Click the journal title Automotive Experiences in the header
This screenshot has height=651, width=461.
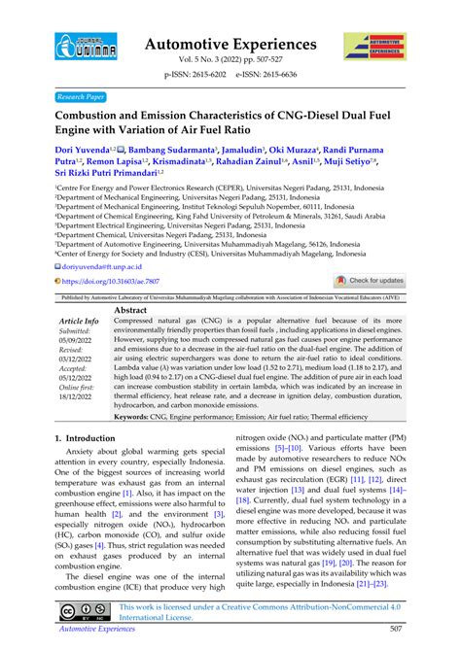[230, 43]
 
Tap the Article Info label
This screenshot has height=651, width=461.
[79, 321]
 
